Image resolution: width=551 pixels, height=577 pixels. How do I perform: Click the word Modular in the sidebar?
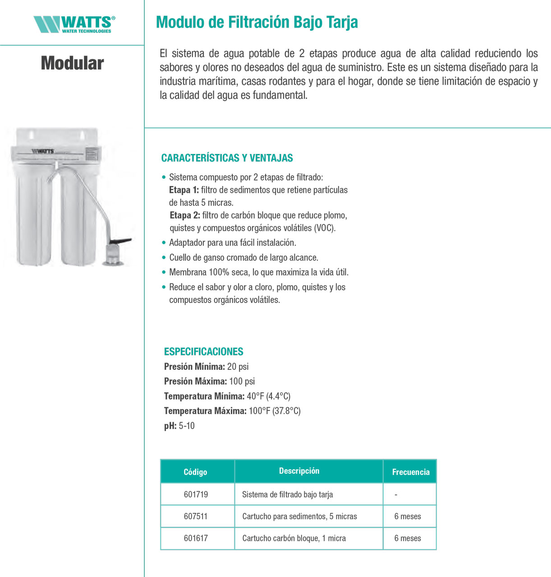[72, 63]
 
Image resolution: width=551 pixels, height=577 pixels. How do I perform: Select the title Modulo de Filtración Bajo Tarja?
[257, 22]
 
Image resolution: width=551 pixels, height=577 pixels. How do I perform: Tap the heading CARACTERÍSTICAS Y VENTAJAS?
[227, 158]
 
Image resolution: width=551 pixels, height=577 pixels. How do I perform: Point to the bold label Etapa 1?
[184, 190]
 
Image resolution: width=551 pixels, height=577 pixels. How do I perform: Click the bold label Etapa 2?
[185, 215]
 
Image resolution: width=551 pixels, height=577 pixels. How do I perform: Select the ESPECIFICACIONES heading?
[203, 352]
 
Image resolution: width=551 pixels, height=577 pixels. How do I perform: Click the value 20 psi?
[238, 367]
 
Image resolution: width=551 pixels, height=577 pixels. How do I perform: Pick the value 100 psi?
[242, 382]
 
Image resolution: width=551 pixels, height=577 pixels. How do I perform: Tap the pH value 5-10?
[187, 426]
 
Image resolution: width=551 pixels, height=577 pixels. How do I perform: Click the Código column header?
[195, 472]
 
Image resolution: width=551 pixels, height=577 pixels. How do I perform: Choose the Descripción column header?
[299, 471]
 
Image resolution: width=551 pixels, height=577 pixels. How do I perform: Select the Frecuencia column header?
[411, 472]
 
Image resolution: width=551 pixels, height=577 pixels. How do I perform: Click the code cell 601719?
[196, 494]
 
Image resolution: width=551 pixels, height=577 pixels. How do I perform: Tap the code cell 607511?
[196, 517]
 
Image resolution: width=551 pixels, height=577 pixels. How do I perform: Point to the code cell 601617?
[196, 539]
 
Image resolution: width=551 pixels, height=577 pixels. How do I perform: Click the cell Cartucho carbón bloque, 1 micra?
[294, 539]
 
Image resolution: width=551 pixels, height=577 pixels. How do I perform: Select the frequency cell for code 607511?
[408, 517]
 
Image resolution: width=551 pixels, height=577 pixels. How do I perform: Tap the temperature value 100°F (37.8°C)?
[275, 411]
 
